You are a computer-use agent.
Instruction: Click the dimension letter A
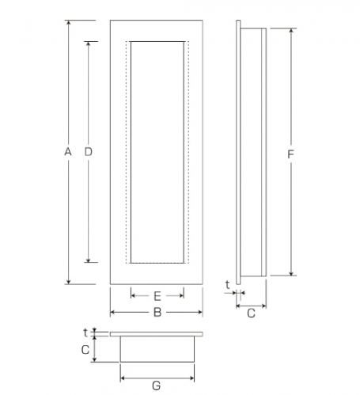(x=68, y=152)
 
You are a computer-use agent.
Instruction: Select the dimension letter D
(x=88, y=152)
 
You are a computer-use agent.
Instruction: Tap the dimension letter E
(x=157, y=296)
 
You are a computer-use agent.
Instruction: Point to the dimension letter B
(x=157, y=313)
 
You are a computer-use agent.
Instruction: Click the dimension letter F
(x=290, y=154)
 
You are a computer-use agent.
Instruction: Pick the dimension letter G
(x=157, y=386)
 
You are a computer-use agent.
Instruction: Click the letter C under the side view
(x=251, y=313)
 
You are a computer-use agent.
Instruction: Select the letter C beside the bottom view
(x=85, y=350)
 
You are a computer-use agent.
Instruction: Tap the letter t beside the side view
(x=227, y=285)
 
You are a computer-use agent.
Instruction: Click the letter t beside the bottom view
(x=85, y=332)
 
